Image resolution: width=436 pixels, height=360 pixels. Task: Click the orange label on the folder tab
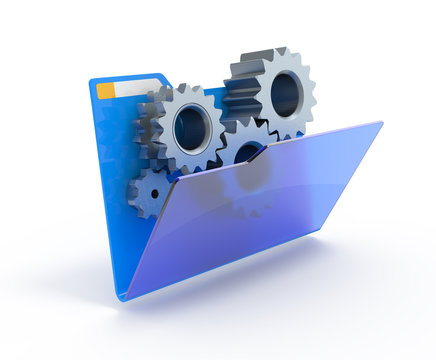(105, 91)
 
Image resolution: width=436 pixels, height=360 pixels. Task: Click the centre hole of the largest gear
(284, 94)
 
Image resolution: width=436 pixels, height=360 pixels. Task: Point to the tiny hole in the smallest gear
(154, 193)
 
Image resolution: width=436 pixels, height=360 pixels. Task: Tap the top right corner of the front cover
(381, 123)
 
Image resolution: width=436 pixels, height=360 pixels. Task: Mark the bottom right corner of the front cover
(318, 232)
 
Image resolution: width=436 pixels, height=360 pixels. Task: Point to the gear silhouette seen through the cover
(250, 185)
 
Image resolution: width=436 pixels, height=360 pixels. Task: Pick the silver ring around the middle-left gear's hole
(205, 128)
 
